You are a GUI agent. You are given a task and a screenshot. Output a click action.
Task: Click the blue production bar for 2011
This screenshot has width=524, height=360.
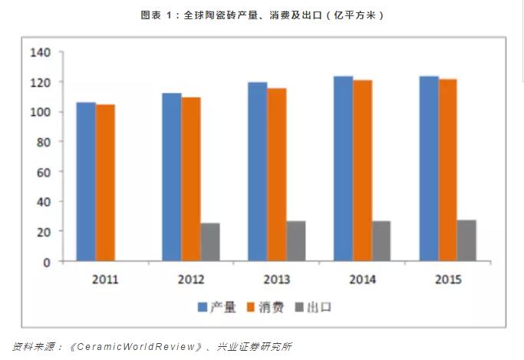point(86,182)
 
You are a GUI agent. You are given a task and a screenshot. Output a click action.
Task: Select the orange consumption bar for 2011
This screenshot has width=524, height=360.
point(105,183)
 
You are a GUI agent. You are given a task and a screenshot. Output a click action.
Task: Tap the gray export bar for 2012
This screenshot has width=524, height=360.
point(209,242)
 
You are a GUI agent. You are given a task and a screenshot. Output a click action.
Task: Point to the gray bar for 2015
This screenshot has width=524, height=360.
point(466,240)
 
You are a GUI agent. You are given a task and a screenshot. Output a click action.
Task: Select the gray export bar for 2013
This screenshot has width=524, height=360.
point(295,241)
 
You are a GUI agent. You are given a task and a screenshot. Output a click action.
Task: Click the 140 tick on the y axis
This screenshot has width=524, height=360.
point(40,52)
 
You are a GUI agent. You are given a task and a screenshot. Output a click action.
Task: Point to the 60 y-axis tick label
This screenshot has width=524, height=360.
point(43,172)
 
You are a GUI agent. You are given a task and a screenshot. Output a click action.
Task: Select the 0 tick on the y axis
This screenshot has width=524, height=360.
point(47,262)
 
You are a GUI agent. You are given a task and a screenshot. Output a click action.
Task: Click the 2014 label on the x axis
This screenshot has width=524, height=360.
point(362,279)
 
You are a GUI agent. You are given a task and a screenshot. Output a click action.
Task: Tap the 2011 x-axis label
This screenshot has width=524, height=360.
point(105,279)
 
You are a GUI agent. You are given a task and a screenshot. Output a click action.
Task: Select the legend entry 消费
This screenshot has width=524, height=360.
point(269,307)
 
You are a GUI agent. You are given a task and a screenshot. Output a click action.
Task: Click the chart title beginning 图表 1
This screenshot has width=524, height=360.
point(262,15)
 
